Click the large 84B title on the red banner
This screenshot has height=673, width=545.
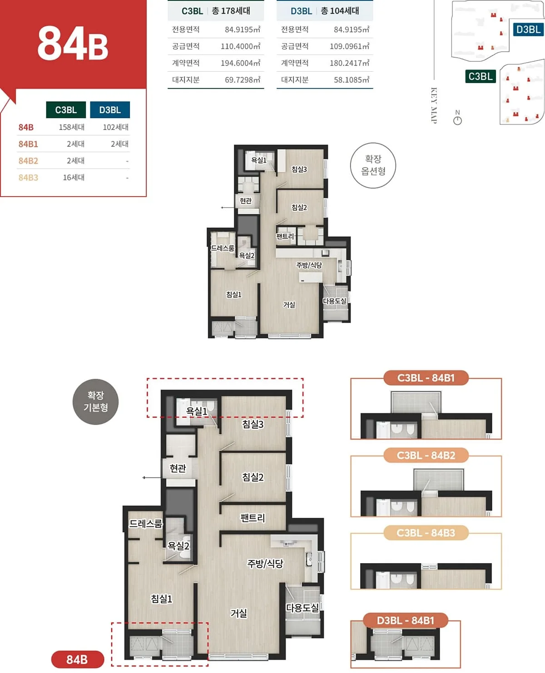point(73,43)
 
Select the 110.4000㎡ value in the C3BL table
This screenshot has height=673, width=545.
point(240,46)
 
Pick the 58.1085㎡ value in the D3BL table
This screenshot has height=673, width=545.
point(352,80)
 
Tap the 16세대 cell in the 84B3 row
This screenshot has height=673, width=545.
point(74,178)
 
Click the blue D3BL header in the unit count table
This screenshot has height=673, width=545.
point(110,109)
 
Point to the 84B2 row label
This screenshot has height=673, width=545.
point(28,161)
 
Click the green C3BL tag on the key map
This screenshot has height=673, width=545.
point(480,76)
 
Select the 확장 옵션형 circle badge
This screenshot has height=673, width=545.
point(373,165)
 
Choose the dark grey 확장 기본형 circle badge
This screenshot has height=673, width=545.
point(95,401)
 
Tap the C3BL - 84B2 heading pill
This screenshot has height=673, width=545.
point(426,455)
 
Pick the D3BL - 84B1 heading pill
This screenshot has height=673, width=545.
point(406,621)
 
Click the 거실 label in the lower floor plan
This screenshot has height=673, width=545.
point(238,613)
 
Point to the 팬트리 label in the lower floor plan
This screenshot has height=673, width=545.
point(253,518)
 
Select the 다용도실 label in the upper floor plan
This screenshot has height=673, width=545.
point(334,301)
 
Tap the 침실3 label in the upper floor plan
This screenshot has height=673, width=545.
point(299,169)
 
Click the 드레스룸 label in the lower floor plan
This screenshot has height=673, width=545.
point(146,524)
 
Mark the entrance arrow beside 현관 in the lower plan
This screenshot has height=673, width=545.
point(152,477)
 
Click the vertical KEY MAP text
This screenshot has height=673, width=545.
point(434,105)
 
